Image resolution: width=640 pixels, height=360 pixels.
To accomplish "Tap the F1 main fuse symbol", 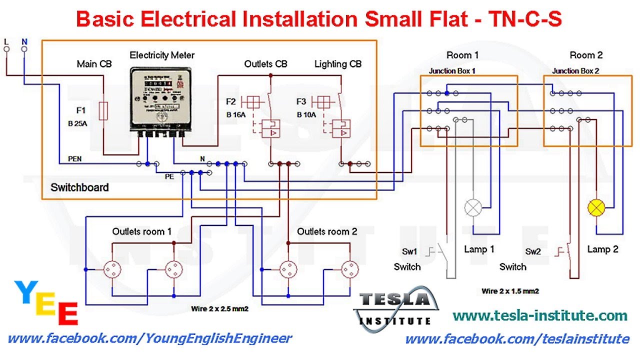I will [x=103, y=111].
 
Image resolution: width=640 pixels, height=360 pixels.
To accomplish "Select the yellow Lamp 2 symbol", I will [x=596, y=206].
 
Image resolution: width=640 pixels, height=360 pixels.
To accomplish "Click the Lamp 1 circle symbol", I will [x=472, y=206].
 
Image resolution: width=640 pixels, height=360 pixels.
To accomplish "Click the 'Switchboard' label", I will [x=79, y=187].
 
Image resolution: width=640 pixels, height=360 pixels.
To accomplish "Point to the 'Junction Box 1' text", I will [x=452, y=71].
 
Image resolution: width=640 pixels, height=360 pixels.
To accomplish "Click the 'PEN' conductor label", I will [x=74, y=159].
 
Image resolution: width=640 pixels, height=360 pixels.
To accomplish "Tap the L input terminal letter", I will [x=6, y=41].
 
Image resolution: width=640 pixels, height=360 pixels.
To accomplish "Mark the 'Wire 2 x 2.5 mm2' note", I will [x=220, y=309].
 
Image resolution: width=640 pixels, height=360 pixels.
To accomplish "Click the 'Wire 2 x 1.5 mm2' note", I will [x=510, y=290].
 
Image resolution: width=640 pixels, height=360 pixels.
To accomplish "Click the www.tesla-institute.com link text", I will [x=539, y=315].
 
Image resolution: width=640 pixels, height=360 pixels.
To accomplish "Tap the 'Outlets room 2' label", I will [x=327, y=231].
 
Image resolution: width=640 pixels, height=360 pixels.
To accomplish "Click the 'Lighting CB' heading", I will [x=337, y=64].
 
